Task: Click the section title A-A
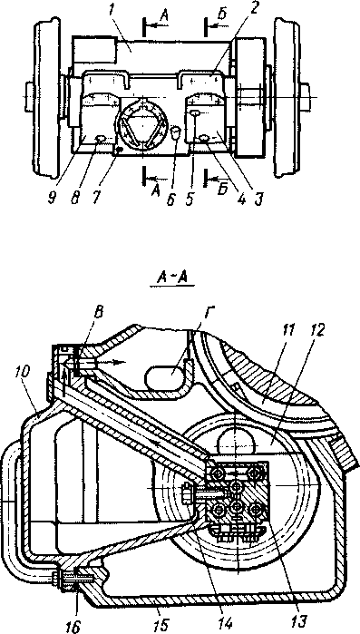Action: pos(172,278)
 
